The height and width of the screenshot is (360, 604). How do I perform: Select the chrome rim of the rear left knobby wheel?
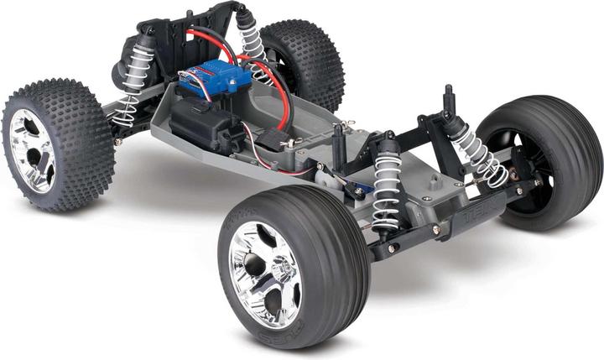point(32,150)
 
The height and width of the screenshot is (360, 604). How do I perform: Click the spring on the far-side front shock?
point(475,151)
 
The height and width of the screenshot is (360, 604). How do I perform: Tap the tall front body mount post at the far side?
point(449,101)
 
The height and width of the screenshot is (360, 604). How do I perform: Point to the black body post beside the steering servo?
point(339,147)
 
